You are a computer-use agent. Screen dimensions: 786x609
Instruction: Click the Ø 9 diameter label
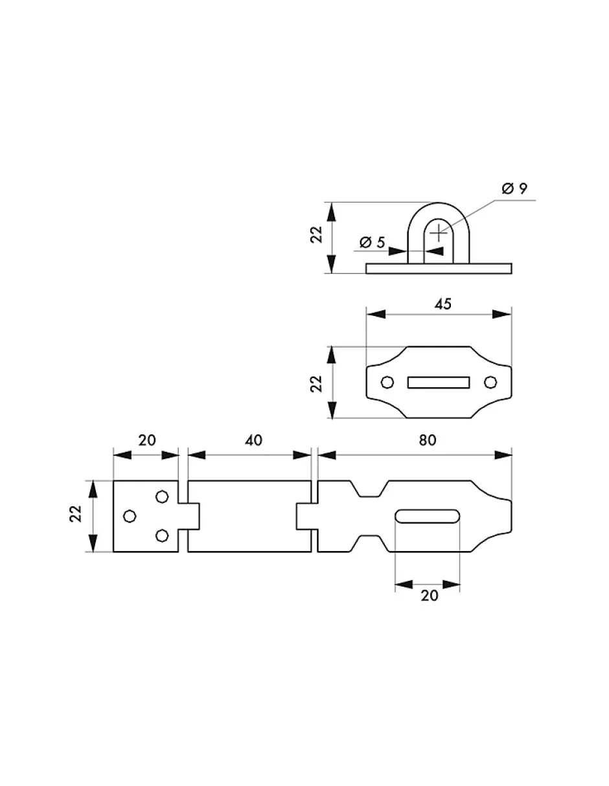pos(514,188)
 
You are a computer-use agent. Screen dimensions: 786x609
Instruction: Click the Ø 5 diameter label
pos(372,243)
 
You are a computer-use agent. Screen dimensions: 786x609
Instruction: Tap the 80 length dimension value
pos(426,440)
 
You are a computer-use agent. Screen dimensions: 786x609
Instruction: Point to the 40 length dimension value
pos(254,440)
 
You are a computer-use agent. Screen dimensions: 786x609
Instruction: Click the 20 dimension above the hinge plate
pos(147,440)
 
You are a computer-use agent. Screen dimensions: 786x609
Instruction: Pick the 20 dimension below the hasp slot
pos(429,596)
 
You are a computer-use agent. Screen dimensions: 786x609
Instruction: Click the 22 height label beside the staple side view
pos(316,235)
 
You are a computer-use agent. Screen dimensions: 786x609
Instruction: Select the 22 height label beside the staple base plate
pos(316,383)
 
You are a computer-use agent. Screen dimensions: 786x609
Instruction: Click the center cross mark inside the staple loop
pos(439,230)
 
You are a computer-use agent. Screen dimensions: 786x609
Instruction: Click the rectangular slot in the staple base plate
pos(438,383)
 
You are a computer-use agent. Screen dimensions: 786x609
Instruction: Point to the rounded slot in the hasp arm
pos(428,516)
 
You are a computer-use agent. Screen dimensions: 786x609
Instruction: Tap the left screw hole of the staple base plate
pos(387,383)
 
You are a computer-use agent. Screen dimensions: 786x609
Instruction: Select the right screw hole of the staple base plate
pos(490,383)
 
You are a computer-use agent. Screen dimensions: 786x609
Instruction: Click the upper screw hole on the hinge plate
pos(162,497)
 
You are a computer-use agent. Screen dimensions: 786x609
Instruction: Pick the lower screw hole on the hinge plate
pos(162,535)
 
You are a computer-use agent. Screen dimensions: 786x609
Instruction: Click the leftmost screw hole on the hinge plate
pos(130,516)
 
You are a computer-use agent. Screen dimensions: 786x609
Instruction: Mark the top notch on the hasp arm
pos(369,490)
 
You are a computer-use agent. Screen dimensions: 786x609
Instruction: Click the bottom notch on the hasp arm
pos(369,543)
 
